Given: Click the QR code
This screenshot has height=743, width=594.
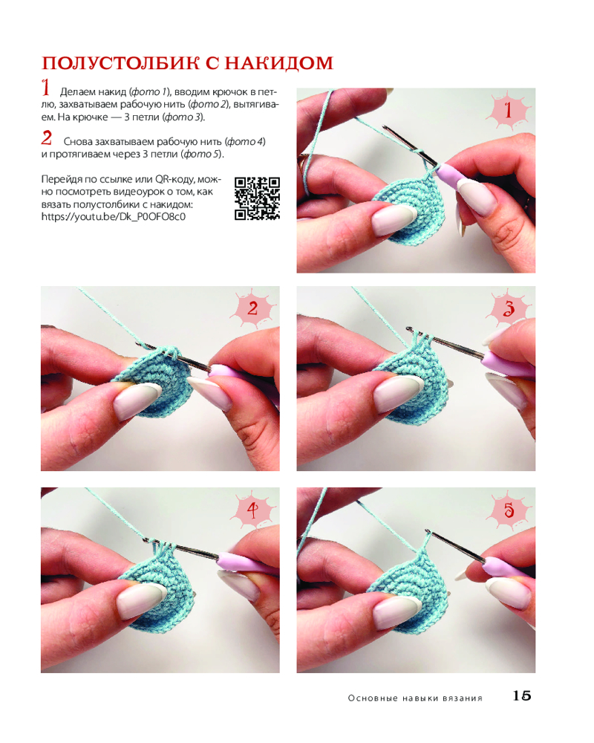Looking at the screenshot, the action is click(257, 198).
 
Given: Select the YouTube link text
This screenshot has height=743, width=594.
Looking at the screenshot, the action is click(113, 217).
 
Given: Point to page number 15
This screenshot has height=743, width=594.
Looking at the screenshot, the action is click(521, 695).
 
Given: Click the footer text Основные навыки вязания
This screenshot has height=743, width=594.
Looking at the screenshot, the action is click(415, 698).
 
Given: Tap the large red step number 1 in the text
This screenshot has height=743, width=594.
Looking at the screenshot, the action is click(45, 88).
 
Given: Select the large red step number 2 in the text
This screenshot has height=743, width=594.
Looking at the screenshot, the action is click(47, 138).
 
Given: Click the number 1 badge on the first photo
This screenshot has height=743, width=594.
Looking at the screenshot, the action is click(509, 111).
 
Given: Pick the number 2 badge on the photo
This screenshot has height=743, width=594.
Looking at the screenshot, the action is click(252, 308).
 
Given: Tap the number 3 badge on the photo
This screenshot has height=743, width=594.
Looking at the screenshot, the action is click(509, 308).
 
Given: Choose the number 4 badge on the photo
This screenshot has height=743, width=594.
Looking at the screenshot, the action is click(252, 510).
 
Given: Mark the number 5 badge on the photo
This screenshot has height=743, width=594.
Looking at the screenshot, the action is click(509, 510).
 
